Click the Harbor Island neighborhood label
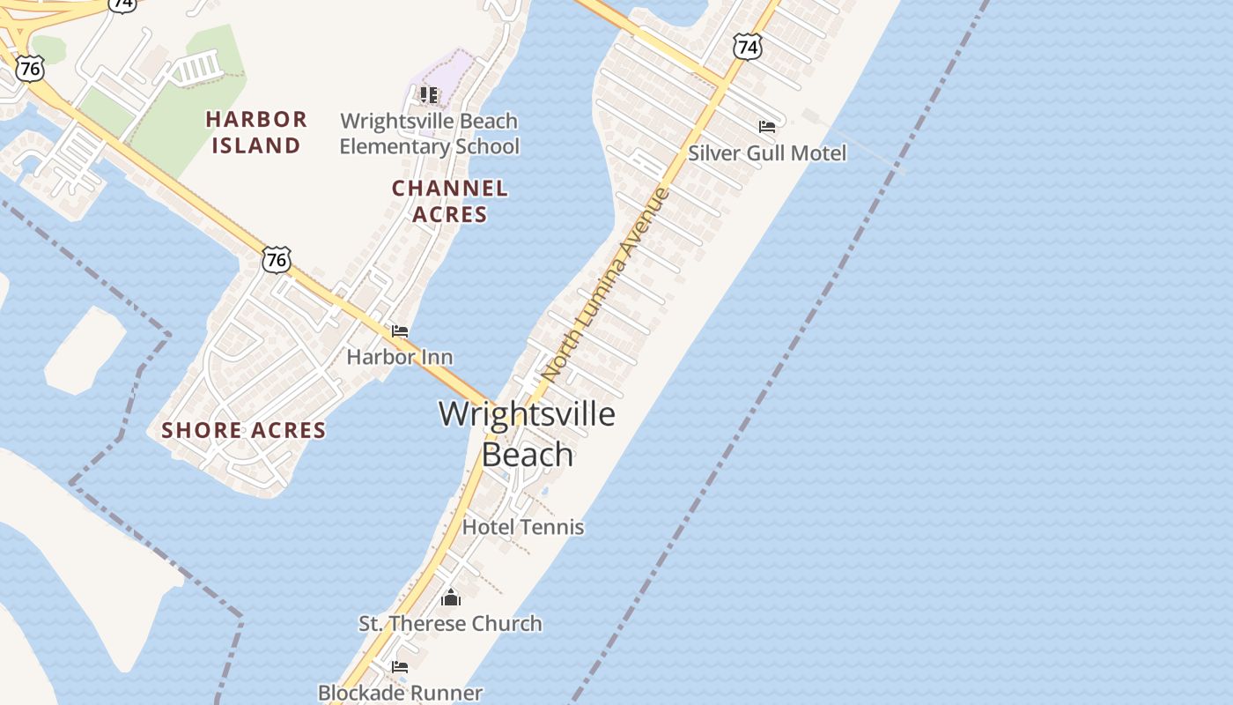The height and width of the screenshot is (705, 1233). coord(256,132)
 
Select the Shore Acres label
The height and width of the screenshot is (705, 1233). coord(244,430)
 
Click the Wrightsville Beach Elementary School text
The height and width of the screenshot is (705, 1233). coord(430,133)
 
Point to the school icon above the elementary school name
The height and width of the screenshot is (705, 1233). coord(429,94)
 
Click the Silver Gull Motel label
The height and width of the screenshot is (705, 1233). coord(766,153)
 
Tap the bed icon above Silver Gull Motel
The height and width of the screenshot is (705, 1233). coord(767,127)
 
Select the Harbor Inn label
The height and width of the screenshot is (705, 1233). coord(400,357)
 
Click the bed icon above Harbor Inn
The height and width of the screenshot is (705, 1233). coord(400,331)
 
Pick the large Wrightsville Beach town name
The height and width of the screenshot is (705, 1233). coord(527,434)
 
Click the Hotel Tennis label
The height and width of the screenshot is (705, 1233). coord(523,527)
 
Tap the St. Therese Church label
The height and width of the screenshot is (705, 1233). coord(450,624)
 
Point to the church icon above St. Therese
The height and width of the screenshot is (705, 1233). coord(451,598)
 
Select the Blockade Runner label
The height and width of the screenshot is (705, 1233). coord(400,693)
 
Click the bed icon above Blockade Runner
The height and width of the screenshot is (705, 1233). coord(400,667)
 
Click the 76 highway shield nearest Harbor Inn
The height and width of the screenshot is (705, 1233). coord(277,259)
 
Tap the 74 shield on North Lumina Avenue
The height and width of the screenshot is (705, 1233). coord(747,48)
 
